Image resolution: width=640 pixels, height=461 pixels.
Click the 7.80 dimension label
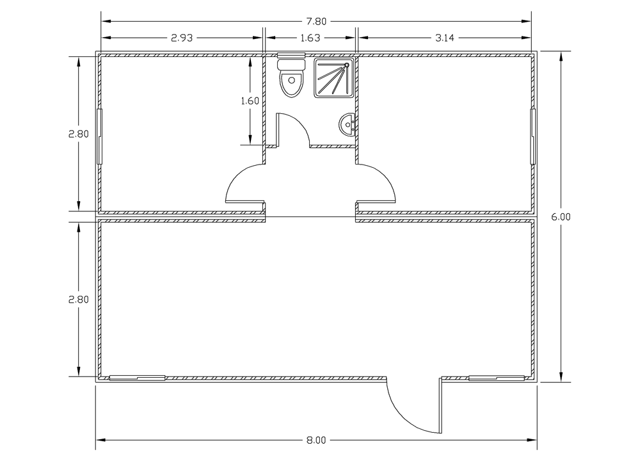click(316, 22)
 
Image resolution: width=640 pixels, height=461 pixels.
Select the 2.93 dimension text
click(182, 38)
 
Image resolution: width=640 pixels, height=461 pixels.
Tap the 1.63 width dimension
click(310, 38)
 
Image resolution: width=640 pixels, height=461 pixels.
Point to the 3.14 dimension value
click(445, 38)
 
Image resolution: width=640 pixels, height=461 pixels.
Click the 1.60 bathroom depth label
click(250, 101)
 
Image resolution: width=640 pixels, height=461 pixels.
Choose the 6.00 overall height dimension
click(561, 217)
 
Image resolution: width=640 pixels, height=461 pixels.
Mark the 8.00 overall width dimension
click(316, 440)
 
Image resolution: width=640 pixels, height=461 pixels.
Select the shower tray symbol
click(334, 78)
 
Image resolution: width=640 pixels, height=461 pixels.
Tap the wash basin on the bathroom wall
click(348, 125)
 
